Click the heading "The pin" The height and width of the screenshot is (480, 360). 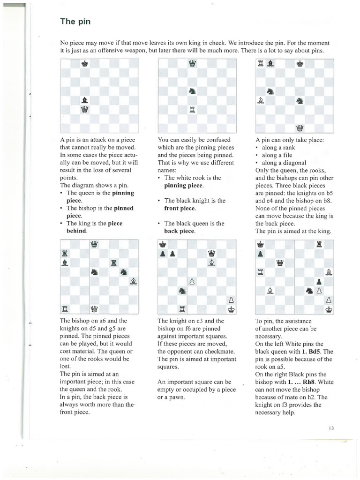[75, 22]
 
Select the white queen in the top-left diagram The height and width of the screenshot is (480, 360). [85, 110]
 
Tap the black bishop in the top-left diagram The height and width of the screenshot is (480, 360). [85, 99]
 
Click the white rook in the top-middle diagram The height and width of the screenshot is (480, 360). [192, 110]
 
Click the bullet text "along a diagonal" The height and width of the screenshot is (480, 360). [284, 163]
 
